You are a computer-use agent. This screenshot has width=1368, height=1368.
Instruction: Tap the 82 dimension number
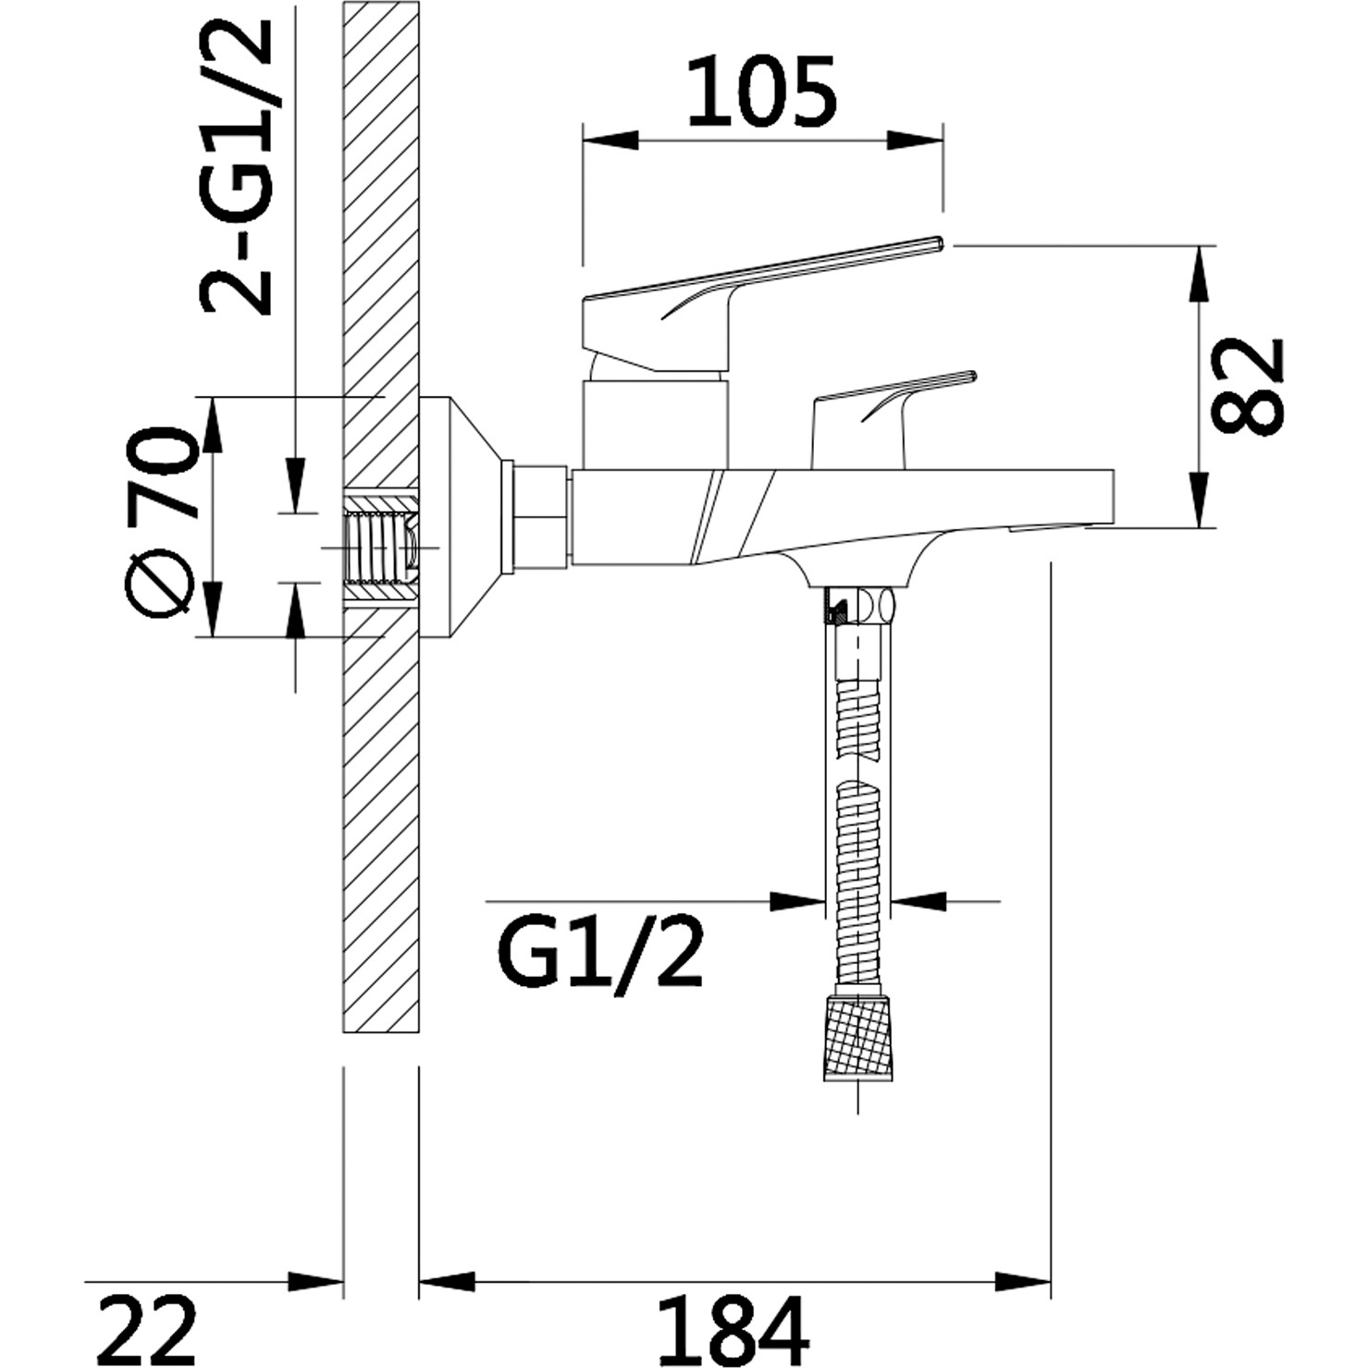coord(1248,386)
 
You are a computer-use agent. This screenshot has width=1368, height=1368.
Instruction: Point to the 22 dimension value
coord(147,1331)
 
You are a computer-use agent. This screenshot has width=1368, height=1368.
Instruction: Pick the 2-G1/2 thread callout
coord(236,166)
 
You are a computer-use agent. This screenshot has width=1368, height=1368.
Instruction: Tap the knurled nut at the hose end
coord(858,1037)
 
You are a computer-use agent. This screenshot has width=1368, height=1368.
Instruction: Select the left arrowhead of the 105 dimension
coord(610,141)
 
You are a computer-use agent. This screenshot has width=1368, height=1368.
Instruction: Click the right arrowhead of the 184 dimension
coord(1023,1282)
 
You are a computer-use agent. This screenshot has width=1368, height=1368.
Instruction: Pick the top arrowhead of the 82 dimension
coord(1200,274)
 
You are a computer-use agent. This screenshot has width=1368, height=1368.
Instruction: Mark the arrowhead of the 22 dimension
coord(315,1282)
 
